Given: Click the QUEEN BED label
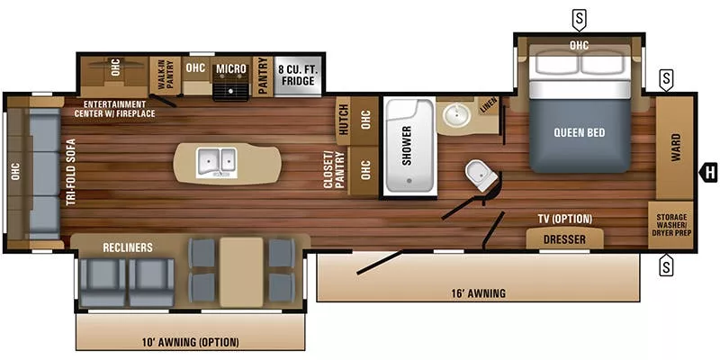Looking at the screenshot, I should pyautogui.click(x=579, y=132).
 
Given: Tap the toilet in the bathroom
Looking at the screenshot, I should pyautogui.click(x=480, y=175).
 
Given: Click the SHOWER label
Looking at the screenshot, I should pyautogui.click(x=407, y=145).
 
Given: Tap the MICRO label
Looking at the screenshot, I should pyautogui.click(x=230, y=68).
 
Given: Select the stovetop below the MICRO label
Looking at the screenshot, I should pyautogui.click(x=230, y=88).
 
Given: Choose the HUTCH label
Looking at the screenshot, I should pyautogui.click(x=344, y=119).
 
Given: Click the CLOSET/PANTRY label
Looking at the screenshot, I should pyautogui.click(x=335, y=169).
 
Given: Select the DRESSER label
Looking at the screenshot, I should pyautogui.click(x=564, y=239).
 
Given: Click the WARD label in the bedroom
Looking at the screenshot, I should pyautogui.click(x=675, y=148).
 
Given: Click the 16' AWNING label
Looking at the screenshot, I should pyautogui.click(x=479, y=292).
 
